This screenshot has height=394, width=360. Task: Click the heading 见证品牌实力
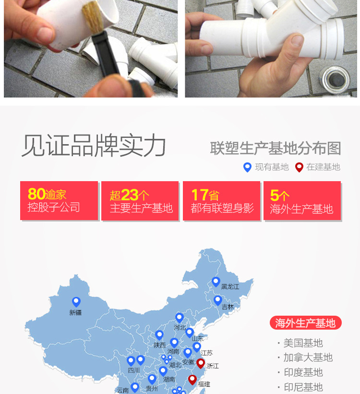pyautogui.click(x=94, y=146)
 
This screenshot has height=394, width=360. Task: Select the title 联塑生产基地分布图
pyautogui.click(x=276, y=148)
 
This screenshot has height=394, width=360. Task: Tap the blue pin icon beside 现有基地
pyautogui.click(x=247, y=167)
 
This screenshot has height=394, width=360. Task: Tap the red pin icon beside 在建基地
pyautogui.click(x=299, y=167)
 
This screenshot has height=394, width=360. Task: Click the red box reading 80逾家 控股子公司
pyautogui.click(x=59, y=201)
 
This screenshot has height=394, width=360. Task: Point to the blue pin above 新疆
pyautogui.click(x=76, y=302)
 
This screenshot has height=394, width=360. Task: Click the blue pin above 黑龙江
pyautogui.click(x=216, y=282)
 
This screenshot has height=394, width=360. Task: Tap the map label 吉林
pyautogui.click(x=228, y=307)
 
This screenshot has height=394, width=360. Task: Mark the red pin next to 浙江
pyautogui.click(x=201, y=363)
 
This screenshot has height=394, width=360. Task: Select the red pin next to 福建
pyautogui.click(x=192, y=380)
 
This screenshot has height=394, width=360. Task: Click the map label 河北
pyautogui.click(x=180, y=328)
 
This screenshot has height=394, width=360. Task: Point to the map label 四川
pyautogui.click(x=134, y=370)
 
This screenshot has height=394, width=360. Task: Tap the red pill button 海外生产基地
pyautogui.click(x=305, y=323)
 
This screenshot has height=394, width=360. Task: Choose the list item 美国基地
pyautogui.click(x=303, y=343)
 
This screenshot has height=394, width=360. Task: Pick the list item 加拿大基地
pyautogui.click(x=308, y=357)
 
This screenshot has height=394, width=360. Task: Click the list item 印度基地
pyautogui.click(x=303, y=372)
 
